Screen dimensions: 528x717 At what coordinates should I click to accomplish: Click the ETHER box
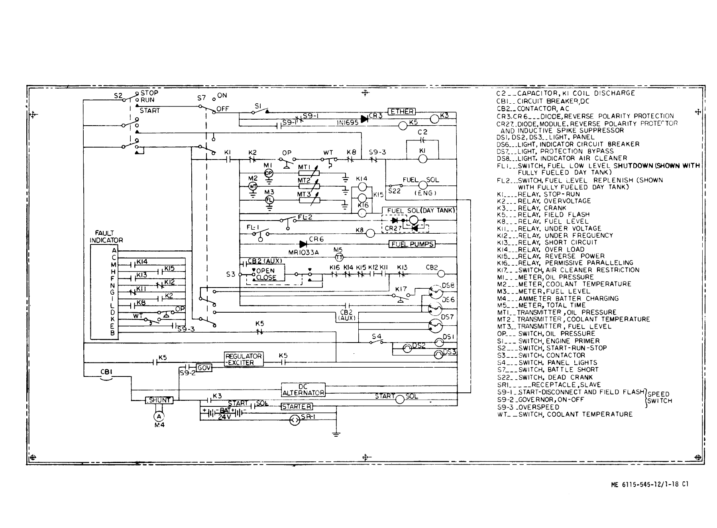pyautogui.click(x=401, y=112)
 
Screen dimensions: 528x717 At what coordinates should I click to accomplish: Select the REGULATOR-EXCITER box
pyautogui.click(x=244, y=359)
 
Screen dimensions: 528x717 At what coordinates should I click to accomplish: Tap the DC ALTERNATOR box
pyautogui.click(x=303, y=390)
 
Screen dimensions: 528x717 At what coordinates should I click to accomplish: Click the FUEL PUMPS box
pyautogui.click(x=412, y=244)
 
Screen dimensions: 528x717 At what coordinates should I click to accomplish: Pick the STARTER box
pyautogui.click(x=297, y=406)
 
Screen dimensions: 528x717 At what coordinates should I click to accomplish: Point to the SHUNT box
pyautogui.click(x=159, y=400)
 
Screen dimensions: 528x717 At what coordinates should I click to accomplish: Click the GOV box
pyautogui.click(x=204, y=368)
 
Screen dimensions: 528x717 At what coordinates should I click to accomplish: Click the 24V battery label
pyautogui.click(x=224, y=417)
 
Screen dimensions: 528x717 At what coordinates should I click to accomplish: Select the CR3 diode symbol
pyautogui.click(x=364, y=118)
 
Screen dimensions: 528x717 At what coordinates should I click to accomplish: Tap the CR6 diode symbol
pyautogui.click(x=304, y=244)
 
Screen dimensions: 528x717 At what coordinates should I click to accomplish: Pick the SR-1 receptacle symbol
pyautogui.click(x=295, y=420)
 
